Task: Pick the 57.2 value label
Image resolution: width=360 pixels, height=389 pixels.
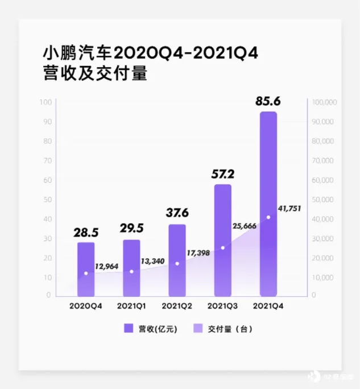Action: (x=222, y=172)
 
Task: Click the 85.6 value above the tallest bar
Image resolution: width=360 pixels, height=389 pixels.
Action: (x=268, y=102)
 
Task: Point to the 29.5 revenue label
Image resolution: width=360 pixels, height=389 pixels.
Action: (x=131, y=229)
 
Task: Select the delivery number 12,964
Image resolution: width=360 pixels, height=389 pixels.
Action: (x=107, y=266)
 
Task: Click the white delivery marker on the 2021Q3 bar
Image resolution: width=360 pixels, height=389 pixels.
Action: (x=223, y=248)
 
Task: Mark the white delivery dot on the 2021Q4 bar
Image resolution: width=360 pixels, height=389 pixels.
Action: (x=268, y=217)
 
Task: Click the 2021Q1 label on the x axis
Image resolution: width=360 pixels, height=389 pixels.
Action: (x=131, y=306)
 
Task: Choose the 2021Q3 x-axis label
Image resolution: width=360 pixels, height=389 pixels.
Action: (x=222, y=306)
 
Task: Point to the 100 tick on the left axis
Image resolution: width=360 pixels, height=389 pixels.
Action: (x=46, y=102)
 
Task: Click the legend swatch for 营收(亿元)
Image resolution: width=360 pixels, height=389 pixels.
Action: (x=129, y=328)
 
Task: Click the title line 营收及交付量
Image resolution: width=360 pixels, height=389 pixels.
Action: (x=95, y=74)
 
